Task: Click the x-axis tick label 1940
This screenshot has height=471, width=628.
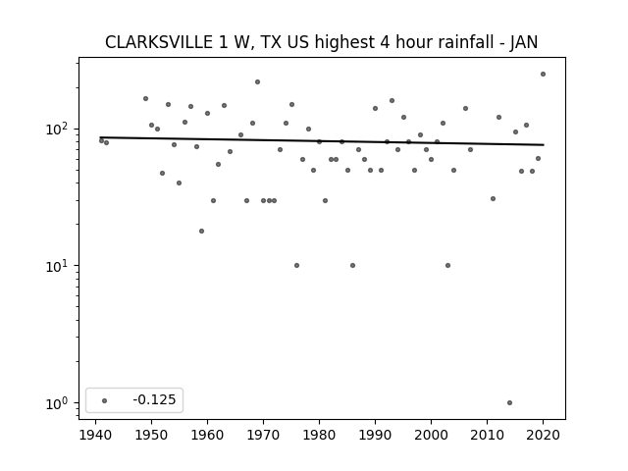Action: coord(95,435)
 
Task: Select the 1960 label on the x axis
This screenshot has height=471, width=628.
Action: coord(207,435)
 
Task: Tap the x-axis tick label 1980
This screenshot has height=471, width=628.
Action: coord(319,435)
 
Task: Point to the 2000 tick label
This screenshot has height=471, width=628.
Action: coord(431,435)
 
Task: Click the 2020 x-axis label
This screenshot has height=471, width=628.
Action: coord(543,435)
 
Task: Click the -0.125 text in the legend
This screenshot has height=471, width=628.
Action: coord(154,399)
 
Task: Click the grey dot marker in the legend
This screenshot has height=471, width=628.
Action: coord(105,400)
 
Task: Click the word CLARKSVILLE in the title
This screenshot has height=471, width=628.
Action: coord(159,42)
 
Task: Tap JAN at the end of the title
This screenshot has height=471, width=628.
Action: coord(524,42)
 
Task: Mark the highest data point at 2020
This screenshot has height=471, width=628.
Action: coord(543,75)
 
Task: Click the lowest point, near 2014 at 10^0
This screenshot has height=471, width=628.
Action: coord(509,403)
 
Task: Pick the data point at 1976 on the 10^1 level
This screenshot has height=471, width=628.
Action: coord(296,266)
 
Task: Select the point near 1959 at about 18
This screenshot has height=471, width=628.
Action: coord(201,232)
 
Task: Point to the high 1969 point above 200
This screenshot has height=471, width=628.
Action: coord(257,82)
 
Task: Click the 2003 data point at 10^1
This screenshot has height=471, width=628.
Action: coord(447,266)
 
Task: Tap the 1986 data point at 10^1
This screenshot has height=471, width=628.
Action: coord(353,266)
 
